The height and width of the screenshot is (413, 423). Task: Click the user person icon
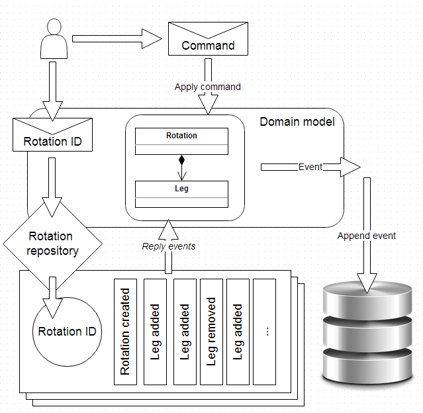click(54, 39)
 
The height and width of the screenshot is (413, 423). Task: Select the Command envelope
click(208, 39)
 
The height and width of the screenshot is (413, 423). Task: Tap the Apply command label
click(207, 87)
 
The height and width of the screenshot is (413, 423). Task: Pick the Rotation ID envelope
click(54, 135)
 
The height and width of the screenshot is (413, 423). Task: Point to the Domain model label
click(297, 122)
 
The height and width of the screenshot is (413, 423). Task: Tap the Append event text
click(366, 236)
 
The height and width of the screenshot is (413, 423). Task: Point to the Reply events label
click(169, 246)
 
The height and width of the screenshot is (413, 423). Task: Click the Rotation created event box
click(125, 332)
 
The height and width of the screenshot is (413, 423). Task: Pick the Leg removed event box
click(211, 332)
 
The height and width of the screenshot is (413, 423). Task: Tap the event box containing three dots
click(264, 332)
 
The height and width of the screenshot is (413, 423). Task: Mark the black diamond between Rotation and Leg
click(181, 160)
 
